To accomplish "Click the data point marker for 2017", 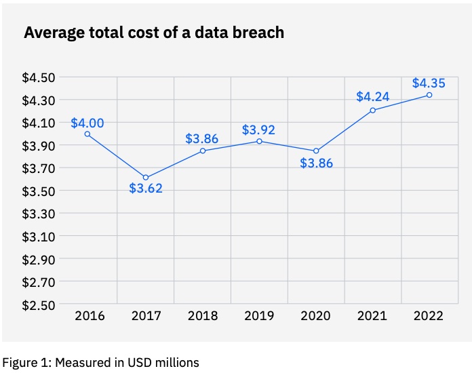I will [146, 178].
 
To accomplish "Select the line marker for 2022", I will [429, 95].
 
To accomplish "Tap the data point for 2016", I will [88, 134].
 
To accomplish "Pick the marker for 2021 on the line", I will [373, 110].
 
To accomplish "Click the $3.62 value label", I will [146, 189].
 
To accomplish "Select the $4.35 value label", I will [429, 84].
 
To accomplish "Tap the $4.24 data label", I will [373, 96].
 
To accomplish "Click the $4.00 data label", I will [87, 123].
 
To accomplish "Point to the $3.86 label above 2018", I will [202, 139].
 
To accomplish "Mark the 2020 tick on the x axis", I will [316, 316].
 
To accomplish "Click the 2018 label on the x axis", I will [202, 316].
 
